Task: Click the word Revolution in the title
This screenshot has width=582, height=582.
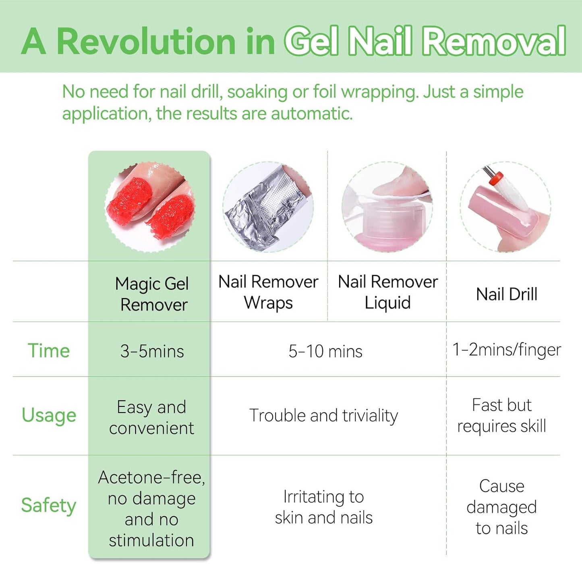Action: point(146,41)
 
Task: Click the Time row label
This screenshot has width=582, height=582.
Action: point(49,351)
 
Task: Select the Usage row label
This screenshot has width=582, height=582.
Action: point(49,415)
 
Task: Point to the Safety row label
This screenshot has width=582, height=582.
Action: point(49,505)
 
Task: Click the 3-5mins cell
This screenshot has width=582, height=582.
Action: point(152,351)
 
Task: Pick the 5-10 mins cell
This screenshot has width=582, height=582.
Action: point(325,351)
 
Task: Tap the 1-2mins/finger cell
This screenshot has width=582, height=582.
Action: point(506,350)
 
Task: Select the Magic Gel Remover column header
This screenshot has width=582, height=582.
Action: point(152,294)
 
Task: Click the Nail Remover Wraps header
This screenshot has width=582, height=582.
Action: point(268,292)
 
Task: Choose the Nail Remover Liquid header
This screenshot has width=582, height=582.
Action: point(387,292)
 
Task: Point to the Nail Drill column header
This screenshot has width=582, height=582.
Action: point(506,294)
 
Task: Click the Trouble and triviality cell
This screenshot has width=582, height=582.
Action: point(323,416)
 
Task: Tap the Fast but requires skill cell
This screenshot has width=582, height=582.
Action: point(502,415)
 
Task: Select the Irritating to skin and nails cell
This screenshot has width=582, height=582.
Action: point(323,507)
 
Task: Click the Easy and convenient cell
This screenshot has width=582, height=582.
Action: point(151,418)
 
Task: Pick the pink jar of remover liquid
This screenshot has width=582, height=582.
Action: point(386,226)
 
